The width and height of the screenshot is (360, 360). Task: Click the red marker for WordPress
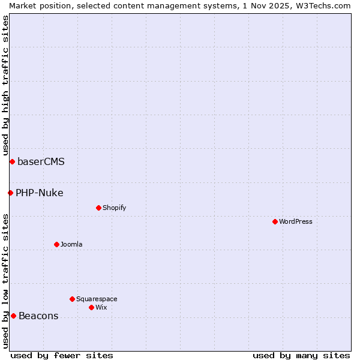point(275,221)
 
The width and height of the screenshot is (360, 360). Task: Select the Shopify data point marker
point(98,208)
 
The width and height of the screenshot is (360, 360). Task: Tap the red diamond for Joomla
point(56,244)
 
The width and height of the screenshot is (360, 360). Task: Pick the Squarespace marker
point(72,299)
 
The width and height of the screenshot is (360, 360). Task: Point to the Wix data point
point(91,307)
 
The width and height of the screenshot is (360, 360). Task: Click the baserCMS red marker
point(12,161)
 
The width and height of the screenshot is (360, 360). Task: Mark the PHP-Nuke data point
point(10,193)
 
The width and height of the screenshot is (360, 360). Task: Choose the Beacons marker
point(13,316)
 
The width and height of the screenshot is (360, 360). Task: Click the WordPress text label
point(296,221)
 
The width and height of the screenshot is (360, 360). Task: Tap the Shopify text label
point(114,208)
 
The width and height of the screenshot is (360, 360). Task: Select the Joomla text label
point(71,244)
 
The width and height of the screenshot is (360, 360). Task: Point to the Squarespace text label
point(97,299)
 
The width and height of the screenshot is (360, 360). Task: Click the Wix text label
point(101,307)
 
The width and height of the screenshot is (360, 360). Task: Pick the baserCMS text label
point(41,161)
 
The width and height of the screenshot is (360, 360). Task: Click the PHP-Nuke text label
point(39,193)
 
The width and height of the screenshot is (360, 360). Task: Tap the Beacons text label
point(38,316)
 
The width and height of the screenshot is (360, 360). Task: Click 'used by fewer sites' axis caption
point(62,355)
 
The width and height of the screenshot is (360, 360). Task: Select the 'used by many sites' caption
point(301,355)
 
